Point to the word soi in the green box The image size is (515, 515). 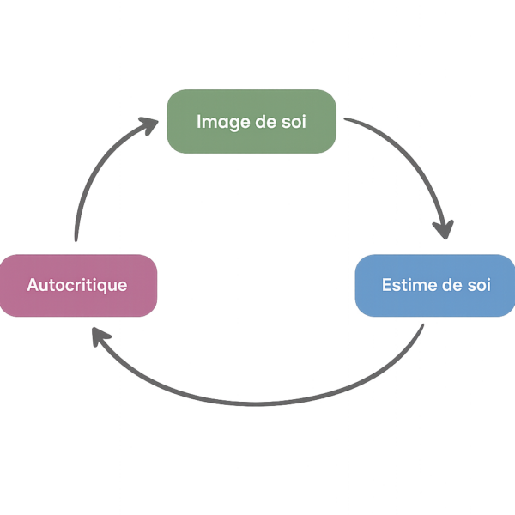(293, 121)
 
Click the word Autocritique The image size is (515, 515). (77, 284)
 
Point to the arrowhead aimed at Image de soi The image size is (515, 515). (149, 127)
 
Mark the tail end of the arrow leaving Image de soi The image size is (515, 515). (345, 118)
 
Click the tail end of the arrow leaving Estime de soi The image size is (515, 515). (423, 325)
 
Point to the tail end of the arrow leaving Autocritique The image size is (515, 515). (76, 240)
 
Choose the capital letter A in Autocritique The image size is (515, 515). (33, 284)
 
